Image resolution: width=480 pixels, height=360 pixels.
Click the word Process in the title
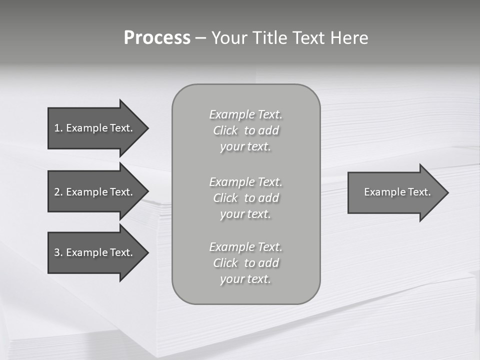pos(157,38)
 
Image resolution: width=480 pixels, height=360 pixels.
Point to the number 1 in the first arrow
pos(57,128)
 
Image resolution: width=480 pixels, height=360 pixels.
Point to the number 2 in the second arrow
pos(57,192)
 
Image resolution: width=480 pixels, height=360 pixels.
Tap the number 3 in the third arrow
pos(57,252)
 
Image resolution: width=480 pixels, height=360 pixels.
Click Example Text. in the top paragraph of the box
pos(245,114)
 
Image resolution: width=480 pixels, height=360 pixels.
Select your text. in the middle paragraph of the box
pos(245,214)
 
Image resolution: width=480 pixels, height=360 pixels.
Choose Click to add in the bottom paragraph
pos(245,263)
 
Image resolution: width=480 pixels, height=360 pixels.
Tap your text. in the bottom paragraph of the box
pos(245,279)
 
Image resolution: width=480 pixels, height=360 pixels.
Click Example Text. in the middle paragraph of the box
pos(245,181)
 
